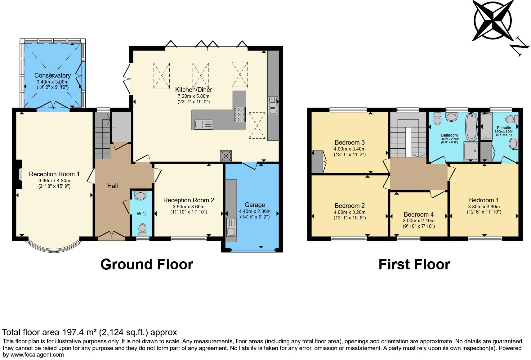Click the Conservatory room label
[52, 75]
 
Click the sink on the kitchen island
[203, 125]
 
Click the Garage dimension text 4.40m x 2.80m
[255, 211]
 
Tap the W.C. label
[142, 214]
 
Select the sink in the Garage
[231, 227]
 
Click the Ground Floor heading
[147, 264]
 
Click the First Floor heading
[414, 264]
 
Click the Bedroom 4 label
[418, 214]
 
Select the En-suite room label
[504, 128]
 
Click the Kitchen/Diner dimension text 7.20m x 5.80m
[194, 96]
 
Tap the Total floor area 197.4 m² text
[89, 332]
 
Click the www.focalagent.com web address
[37, 355]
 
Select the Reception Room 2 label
[189, 200]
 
